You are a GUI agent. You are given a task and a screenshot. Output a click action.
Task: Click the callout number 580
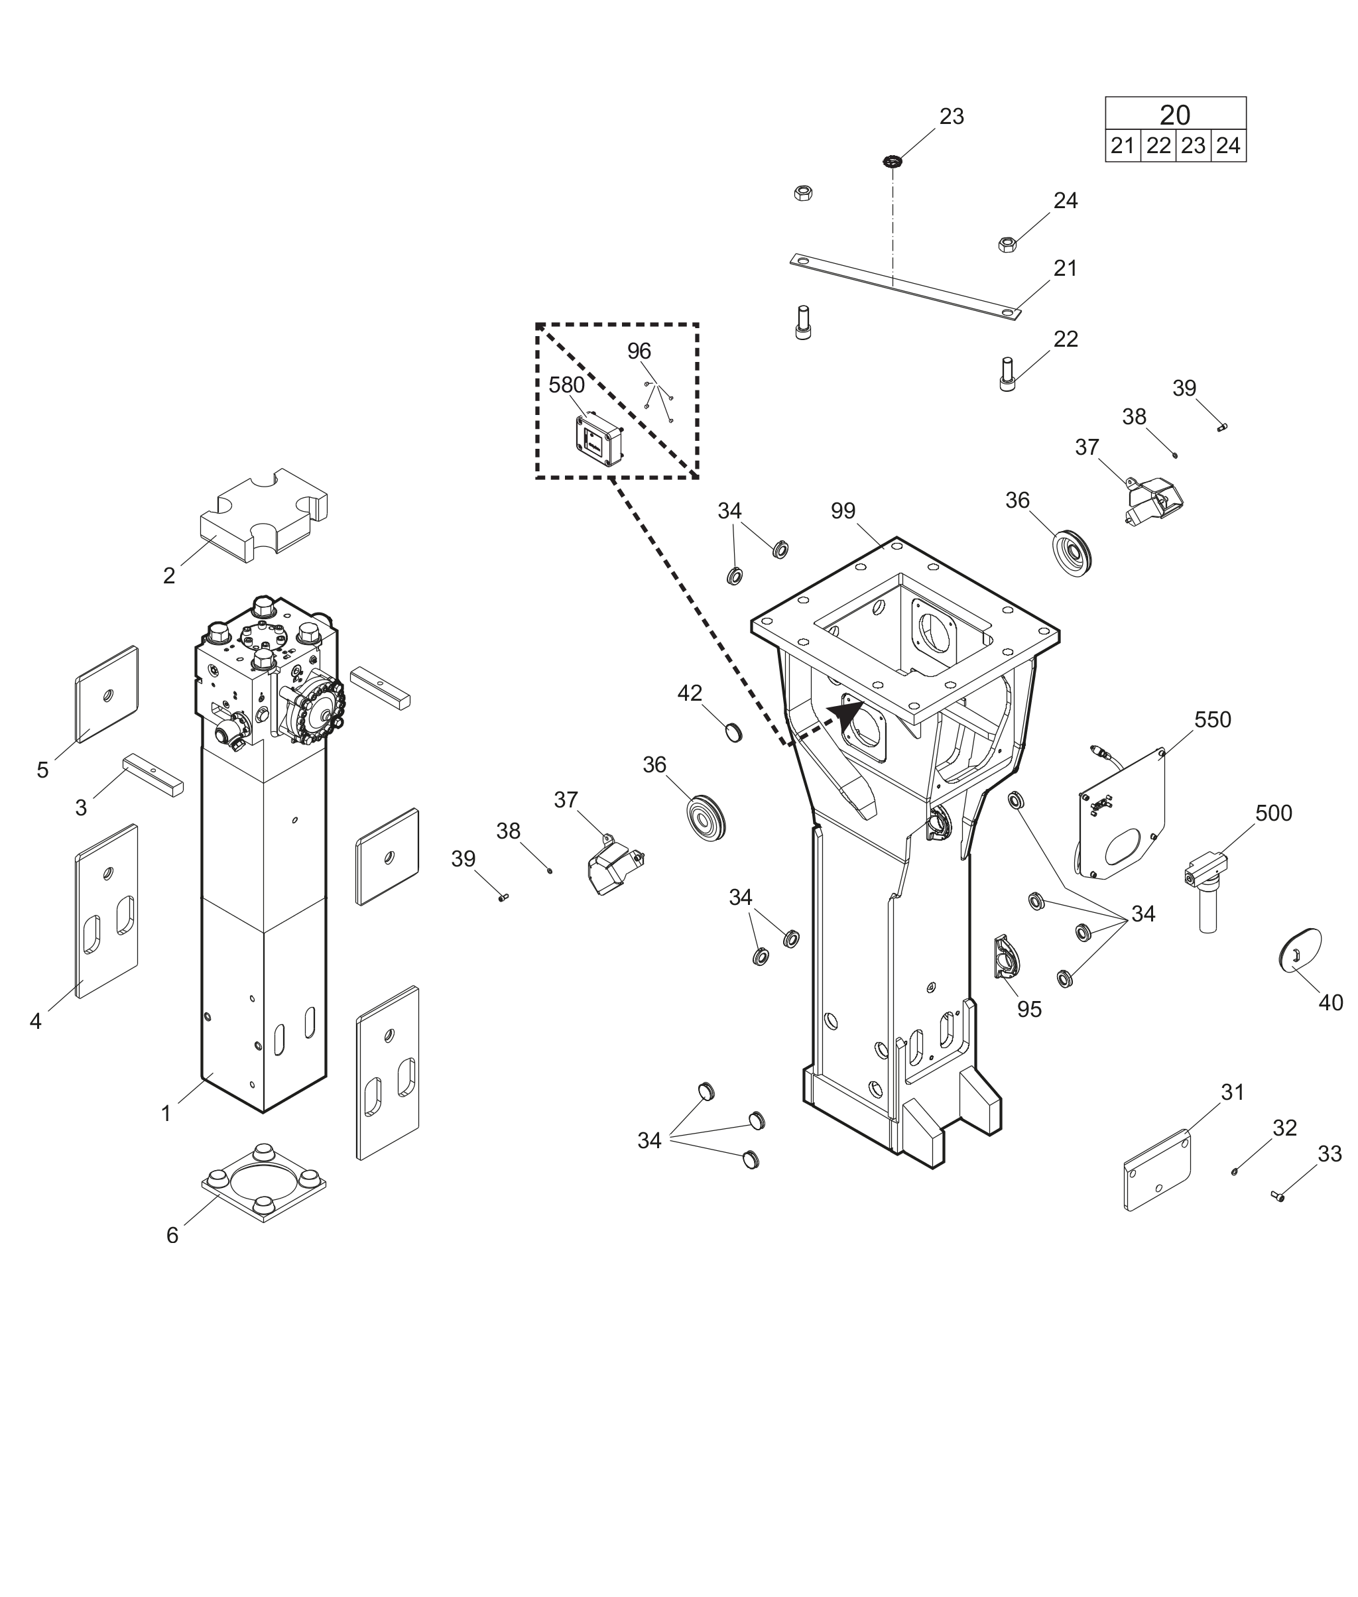(566, 384)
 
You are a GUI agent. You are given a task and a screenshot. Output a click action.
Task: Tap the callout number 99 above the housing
(843, 510)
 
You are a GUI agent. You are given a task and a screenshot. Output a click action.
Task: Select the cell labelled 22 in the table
(1158, 145)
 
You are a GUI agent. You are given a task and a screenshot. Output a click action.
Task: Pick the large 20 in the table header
(1175, 115)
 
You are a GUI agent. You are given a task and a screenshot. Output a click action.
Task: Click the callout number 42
(690, 693)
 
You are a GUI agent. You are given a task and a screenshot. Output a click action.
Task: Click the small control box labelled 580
(598, 442)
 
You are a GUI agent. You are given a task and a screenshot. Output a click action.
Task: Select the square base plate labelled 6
(264, 1183)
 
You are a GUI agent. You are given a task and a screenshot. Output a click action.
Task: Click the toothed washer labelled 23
(893, 162)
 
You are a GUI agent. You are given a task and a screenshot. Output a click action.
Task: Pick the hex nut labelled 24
(1005, 245)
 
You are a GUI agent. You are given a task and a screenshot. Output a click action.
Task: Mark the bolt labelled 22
(1007, 373)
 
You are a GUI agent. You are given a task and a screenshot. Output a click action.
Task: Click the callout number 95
(1029, 1009)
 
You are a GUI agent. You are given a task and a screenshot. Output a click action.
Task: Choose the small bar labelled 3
(153, 774)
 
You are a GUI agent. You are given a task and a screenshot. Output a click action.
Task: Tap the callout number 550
(1213, 720)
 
